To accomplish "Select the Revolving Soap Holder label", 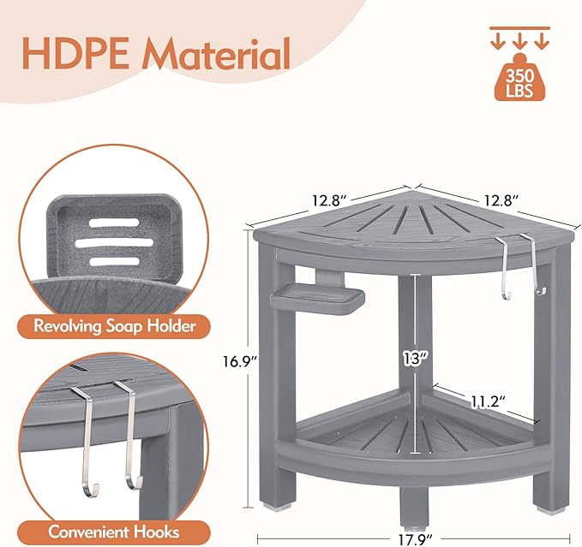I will coord(115,325).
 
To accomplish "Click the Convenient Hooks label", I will coord(114,531).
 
